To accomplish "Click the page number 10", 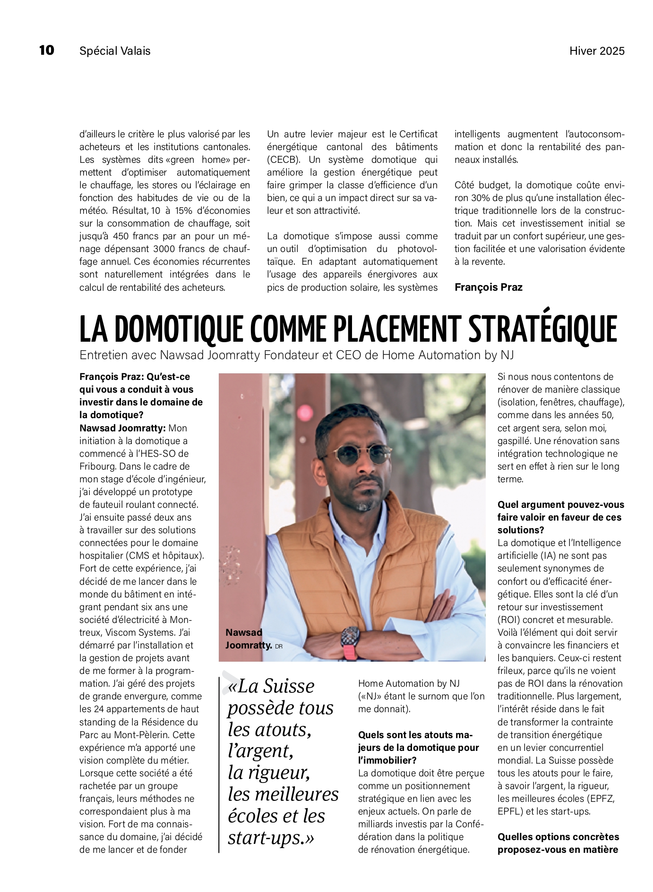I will pos(47,50).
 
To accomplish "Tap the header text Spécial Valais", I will pos(115,51).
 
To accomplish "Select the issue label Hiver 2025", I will pos(597,51).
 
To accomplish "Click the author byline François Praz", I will pos(488,287).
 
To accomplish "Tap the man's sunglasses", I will pos(363,454).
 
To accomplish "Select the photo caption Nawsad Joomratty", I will pos(249,639).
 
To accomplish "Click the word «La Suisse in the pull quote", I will pos(271,686).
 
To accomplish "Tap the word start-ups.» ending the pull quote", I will pos(271,838).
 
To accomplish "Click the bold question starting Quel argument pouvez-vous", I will pos(560,505).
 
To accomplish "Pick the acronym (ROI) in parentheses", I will pos(509,620).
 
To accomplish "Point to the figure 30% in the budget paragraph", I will pos(478,198).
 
